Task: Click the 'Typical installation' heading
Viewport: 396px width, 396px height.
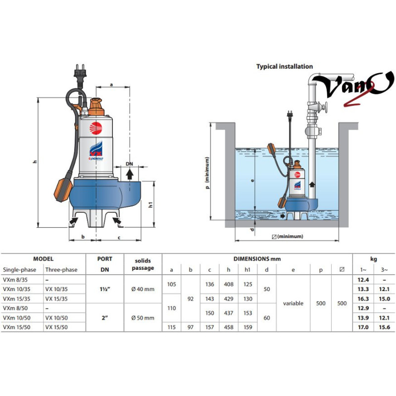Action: [x=285, y=66]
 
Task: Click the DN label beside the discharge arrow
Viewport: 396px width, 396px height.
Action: [x=129, y=163]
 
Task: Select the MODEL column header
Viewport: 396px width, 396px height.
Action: [x=43, y=259]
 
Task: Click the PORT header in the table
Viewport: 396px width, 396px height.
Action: [x=104, y=259]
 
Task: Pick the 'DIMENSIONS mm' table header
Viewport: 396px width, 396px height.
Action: [x=257, y=259]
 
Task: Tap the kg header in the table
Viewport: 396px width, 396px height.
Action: [x=374, y=259]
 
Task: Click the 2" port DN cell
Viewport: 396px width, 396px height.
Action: [x=104, y=318]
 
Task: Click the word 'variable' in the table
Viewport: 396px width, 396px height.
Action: [x=293, y=303]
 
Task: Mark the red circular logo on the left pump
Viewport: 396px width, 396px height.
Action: [x=96, y=127]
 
